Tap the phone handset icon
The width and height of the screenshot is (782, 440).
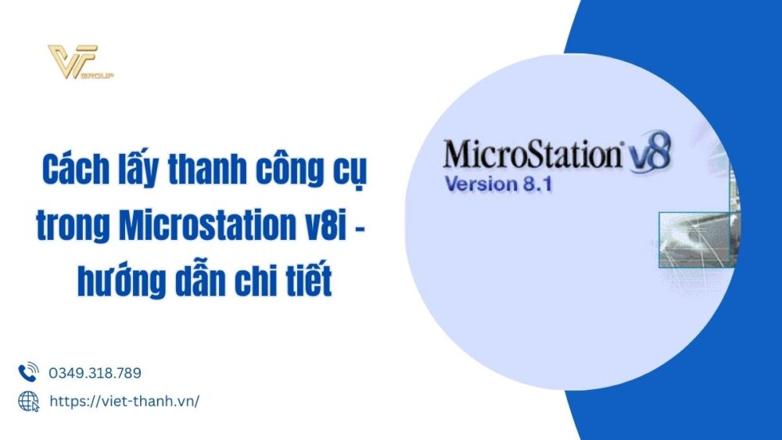pyautogui.click(x=28, y=372)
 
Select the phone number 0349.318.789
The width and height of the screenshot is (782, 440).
pyautogui.click(x=95, y=373)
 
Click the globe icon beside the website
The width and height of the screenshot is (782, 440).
pyautogui.click(x=28, y=401)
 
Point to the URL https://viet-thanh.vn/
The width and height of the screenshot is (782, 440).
pyautogui.click(x=124, y=401)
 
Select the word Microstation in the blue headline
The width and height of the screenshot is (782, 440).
pyautogui.click(x=205, y=227)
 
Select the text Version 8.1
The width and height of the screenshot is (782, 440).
pyautogui.click(x=499, y=185)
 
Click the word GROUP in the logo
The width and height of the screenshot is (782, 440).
pyautogui.click(x=104, y=76)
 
